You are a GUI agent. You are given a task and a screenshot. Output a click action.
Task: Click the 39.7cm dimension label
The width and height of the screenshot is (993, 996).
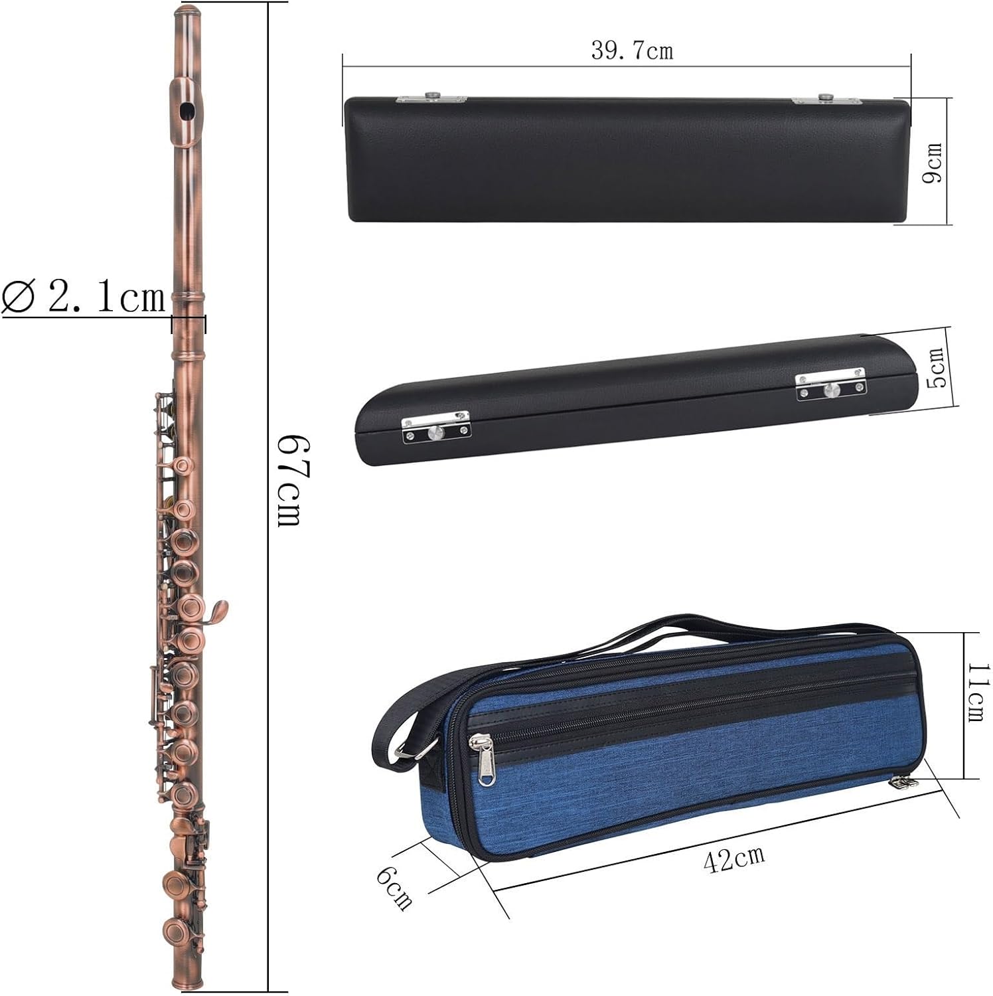[632, 50]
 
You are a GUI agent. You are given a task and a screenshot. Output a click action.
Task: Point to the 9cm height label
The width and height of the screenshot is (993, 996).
[933, 163]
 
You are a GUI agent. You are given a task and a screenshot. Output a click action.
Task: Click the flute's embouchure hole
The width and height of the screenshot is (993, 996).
[187, 110]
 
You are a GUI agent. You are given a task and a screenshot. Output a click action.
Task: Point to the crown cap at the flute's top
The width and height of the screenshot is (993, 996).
[187, 12]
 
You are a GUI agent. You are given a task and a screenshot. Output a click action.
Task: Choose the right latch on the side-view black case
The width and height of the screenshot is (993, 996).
[830, 388]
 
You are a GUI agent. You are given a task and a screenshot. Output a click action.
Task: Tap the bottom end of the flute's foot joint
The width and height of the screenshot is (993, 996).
[187, 981]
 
